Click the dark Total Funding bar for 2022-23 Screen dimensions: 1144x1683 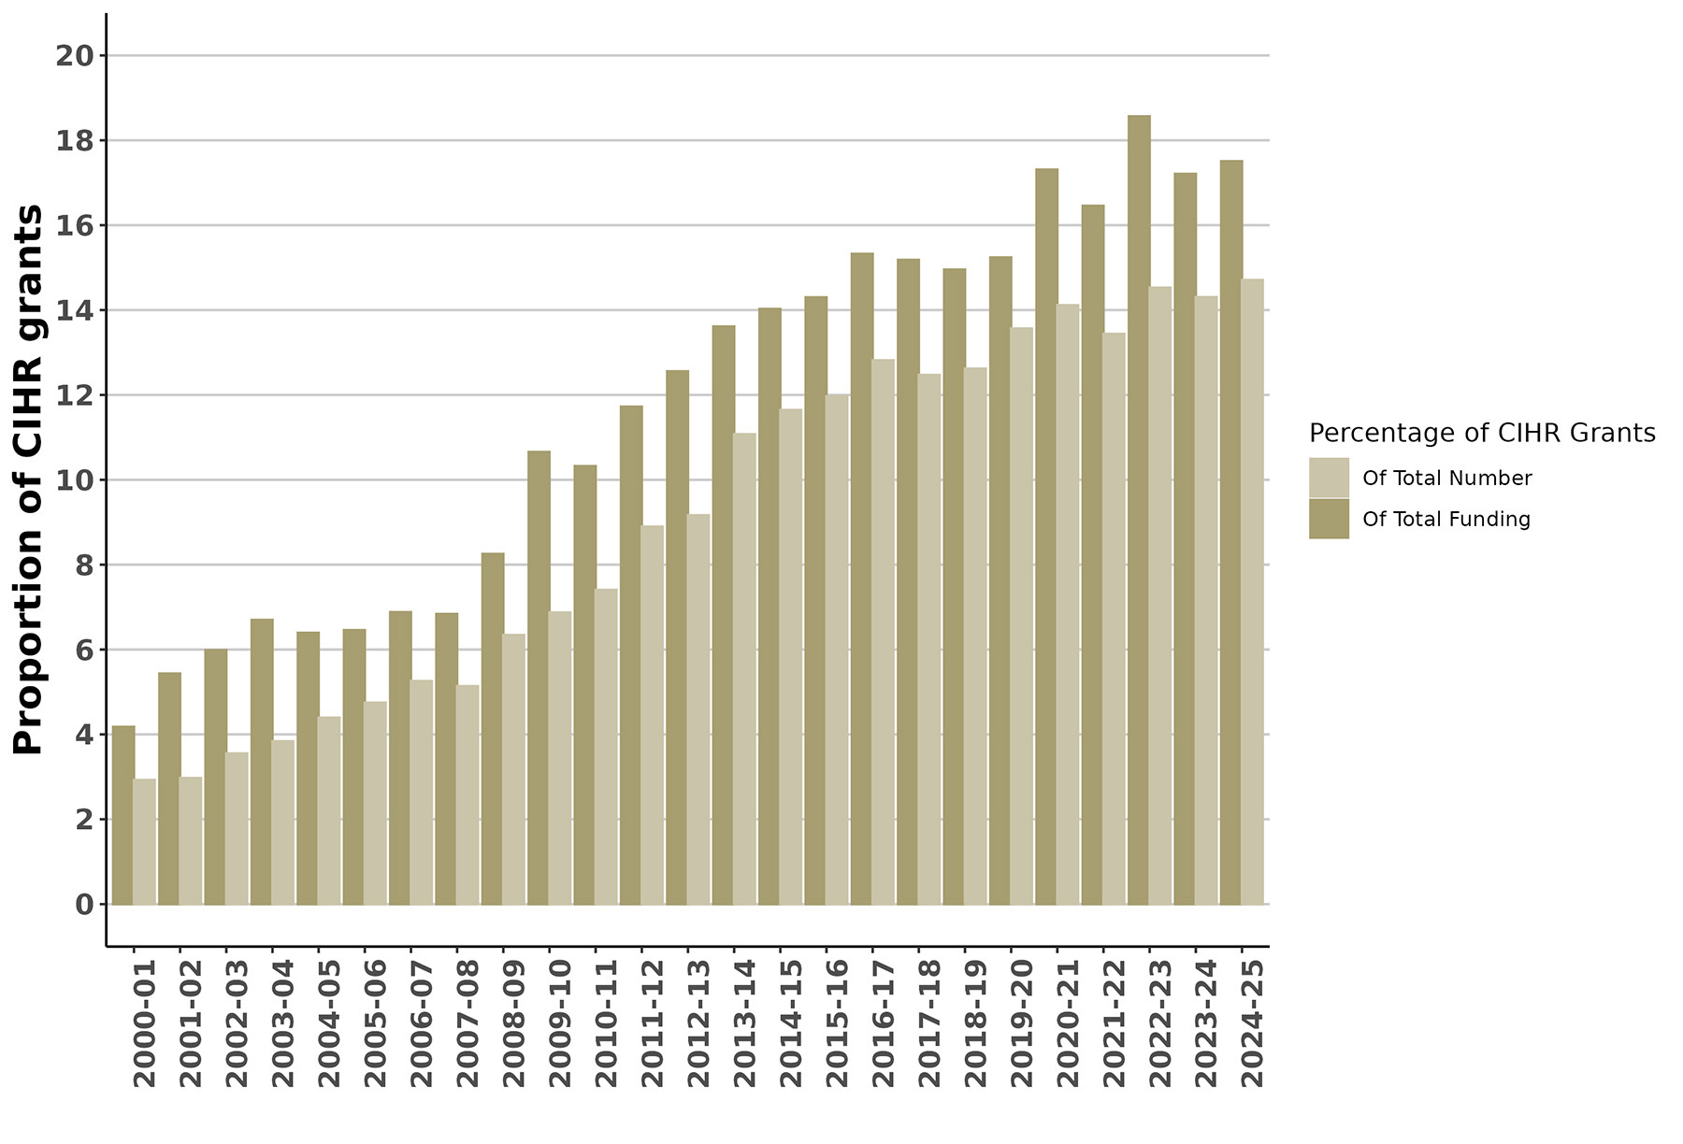[x=1139, y=509]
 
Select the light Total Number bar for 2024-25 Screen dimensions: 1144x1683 [x=1253, y=592]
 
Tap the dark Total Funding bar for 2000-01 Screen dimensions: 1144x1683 [x=123, y=815]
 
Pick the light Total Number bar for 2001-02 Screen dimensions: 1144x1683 [x=191, y=841]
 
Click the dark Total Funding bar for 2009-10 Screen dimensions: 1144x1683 [x=539, y=678]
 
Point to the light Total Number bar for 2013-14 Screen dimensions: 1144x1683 [x=744, y=669]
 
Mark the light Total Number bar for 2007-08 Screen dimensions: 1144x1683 [x=467, y=794]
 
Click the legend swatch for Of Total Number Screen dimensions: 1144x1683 [x=1329, y=478]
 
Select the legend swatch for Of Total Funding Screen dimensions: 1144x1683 [x=1329, y=519]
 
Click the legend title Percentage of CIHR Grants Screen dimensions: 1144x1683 [x=1482, y=434]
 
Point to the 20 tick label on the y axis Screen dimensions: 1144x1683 [x=76, y=56]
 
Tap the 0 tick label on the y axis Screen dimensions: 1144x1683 [x=85, y=905]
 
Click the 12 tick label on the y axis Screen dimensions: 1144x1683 [x=76, y=395]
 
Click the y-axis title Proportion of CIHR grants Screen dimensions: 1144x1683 [x=29, y=479]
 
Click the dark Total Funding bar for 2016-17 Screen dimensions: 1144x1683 [x=862, y=579]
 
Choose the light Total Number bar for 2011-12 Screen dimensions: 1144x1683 [x=653, y=715]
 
